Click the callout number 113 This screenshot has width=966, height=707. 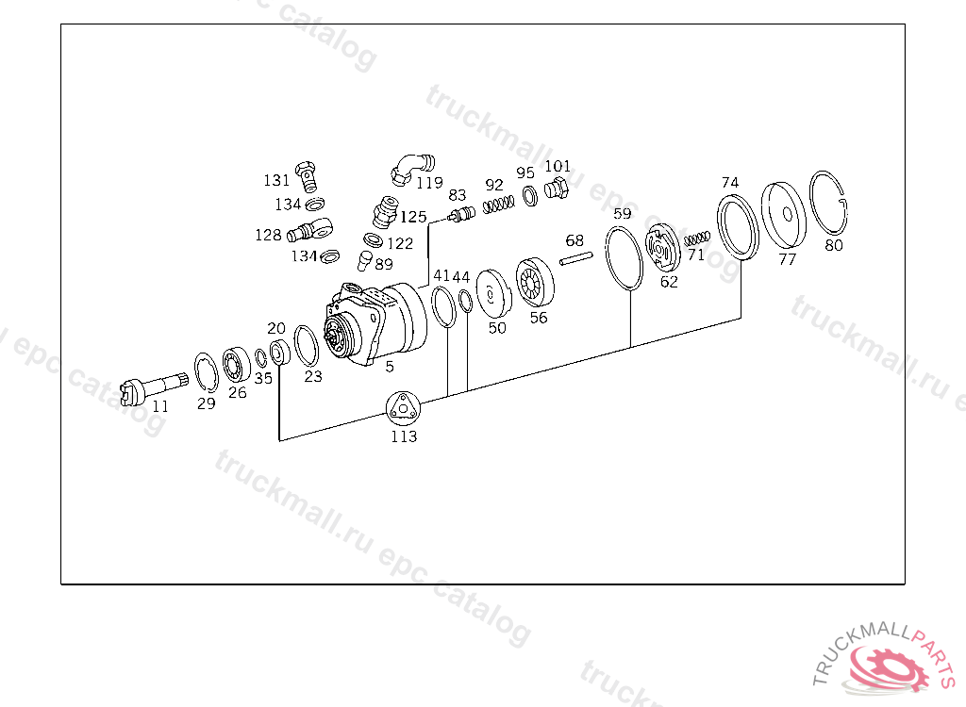point(404,436)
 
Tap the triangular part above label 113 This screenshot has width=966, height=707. point(403,407)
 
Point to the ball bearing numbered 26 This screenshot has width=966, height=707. point(236,367)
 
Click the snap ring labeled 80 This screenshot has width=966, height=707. point(828,203)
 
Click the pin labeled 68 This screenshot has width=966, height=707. point(576,258)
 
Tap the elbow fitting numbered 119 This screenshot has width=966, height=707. point(411,169)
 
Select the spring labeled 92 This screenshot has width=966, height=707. point(498,204)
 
